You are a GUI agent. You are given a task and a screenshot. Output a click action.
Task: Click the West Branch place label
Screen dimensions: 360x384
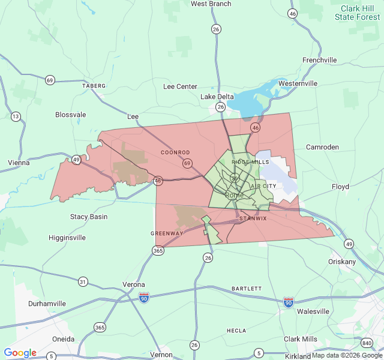point(211,4)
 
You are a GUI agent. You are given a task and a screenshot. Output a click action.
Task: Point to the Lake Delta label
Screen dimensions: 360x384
point(217,97)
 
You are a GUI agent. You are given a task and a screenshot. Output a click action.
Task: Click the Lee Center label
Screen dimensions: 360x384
point(180,86)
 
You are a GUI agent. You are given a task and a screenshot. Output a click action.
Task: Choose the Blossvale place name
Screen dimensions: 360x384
point(70,115)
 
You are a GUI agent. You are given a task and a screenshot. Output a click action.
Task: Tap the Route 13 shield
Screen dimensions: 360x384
point(16,116)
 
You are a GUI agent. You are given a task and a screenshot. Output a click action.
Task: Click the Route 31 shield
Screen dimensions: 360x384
point(83,281)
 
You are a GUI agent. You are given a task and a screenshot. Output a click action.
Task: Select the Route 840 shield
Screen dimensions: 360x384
point(367,343)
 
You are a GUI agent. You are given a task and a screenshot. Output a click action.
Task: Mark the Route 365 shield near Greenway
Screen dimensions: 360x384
point(158,250)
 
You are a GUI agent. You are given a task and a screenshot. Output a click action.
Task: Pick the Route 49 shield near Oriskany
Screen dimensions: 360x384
point(349,244)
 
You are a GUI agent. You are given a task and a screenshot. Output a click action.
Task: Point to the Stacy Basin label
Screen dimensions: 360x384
point(89,217)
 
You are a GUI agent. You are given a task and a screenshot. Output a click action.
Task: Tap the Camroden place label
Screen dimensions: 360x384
point(323,147)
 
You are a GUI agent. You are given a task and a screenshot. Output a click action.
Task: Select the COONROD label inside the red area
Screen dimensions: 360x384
point(175,152)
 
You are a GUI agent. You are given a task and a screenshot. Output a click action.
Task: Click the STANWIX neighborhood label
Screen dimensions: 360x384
point(253,218)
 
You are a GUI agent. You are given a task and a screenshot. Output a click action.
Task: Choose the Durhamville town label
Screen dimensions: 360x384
point(47,304)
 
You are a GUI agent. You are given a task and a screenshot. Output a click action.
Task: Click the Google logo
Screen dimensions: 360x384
point(20,353)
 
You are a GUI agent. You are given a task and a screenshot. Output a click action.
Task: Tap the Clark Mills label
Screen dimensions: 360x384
point(301,339)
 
